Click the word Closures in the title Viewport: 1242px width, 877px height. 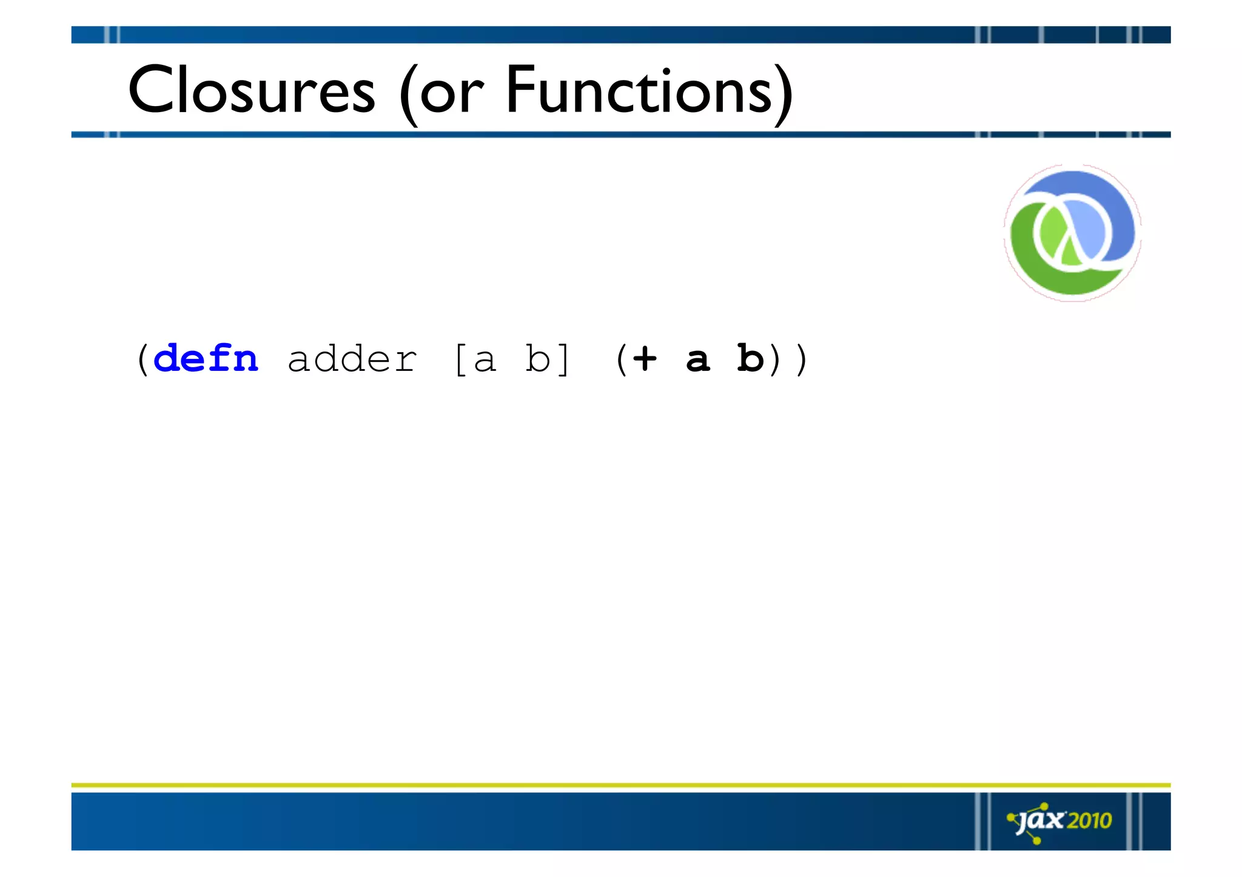click(x=252, y=91)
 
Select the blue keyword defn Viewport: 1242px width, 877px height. click(x=206, y=359)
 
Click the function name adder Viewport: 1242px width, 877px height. click(x=352, y=359)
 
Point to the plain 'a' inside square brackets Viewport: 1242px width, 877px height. click(x=485, y=361)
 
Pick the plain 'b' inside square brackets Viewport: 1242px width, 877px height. click(x=537, y=359)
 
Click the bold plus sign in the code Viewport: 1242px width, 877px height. click(x=645, y=358)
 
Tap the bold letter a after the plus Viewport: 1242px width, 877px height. click(x=697, y=361)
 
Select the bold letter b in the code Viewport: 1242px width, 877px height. click(x=750, y=358)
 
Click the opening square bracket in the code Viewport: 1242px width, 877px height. click(x=460, y=359)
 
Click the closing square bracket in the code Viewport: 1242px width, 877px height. click(x=563, y=359)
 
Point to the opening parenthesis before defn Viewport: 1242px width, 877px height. click(x=143, y=359)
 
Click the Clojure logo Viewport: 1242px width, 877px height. click(x=1072, y=233)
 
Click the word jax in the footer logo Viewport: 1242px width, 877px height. click(x=1041, y=821)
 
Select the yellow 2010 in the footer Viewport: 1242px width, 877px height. click(x=1089, y=821)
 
